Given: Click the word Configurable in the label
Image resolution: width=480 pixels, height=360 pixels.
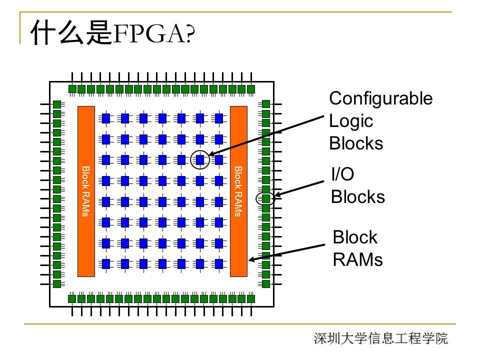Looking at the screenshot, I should pyautogui.click(x=380, y=98).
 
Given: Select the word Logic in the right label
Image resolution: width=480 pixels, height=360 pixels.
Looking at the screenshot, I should pyautogui.click(x=351, y=121).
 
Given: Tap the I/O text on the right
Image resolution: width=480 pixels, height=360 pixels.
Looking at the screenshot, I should pyautogui.click(x=342, y=174).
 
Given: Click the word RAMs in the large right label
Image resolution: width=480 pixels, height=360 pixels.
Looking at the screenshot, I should pyautogui.click(x=357, y=259).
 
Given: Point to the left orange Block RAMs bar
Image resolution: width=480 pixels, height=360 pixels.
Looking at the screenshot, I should pyautogui.click(x=86, y=191).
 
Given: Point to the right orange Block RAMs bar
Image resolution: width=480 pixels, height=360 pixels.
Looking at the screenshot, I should pyautogui.click(x=238, y=191).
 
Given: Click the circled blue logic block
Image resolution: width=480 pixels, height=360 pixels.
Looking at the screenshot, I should pyautogui.click(x=200, y=159).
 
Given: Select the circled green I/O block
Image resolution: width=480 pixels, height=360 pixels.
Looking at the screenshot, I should pyautogui.click(x=266, y=198).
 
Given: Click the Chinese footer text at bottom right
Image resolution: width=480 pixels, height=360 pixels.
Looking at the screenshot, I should pyautogui.click(x=380, y=338).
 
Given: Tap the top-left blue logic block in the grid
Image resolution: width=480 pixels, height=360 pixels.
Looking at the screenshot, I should pyautogui.click(x=106, y=118).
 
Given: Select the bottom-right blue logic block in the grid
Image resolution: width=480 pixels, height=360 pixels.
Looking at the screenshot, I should pyautogui.click(x=218, y=263).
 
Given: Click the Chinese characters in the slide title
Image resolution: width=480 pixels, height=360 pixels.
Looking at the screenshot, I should pyautogui.click(x=69, y=33).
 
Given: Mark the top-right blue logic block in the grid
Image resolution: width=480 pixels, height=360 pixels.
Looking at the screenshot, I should pyautogui.click(x=218, y=118).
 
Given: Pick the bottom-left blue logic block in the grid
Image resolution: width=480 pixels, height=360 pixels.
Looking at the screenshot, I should pyautogui.click(x=106, y=263).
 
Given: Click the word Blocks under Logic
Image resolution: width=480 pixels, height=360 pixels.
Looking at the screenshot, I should pyautogui.click(x=356, y=143).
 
